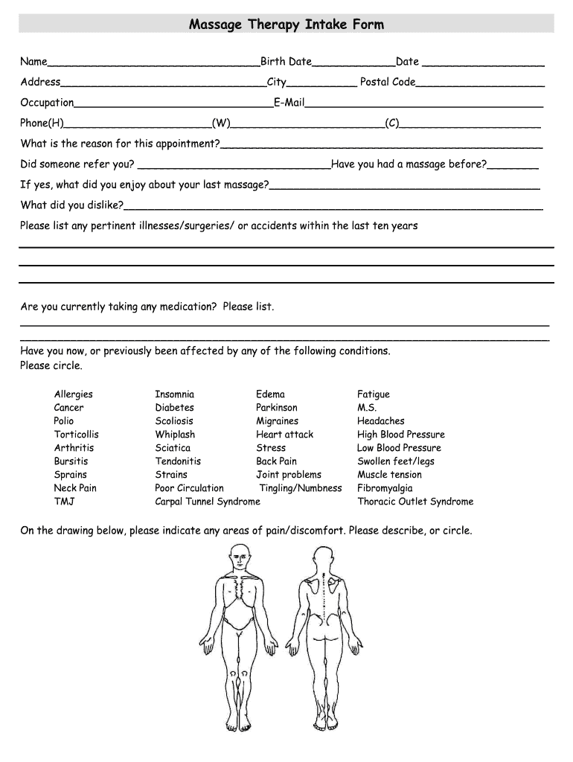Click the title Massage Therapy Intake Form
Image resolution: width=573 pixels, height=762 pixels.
(286, 25)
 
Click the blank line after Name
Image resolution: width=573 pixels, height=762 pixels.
(153, 63)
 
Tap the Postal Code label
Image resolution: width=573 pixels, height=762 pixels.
(388, 82)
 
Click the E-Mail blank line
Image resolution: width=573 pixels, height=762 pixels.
(424, 104)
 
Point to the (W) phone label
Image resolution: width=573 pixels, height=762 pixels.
(221, 123)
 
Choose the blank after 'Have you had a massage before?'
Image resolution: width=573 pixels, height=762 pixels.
(513, 166)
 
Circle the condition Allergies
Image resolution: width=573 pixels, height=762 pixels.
(73, 394)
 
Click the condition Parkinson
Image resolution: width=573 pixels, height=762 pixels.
(276, 408)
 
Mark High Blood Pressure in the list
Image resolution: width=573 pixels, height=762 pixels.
(400, 435)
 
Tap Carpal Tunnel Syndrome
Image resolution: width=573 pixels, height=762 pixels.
(208, 502)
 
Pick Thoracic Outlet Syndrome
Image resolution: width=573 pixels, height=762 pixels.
(414, 502)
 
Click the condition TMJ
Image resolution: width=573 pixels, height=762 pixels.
(64, 502)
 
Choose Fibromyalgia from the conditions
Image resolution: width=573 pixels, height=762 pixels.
(385, 488)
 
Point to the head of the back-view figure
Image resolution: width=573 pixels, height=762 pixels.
(323, 556)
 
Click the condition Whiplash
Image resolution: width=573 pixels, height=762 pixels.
(175, 435)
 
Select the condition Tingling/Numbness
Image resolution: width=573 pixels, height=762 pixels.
(301, 488)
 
